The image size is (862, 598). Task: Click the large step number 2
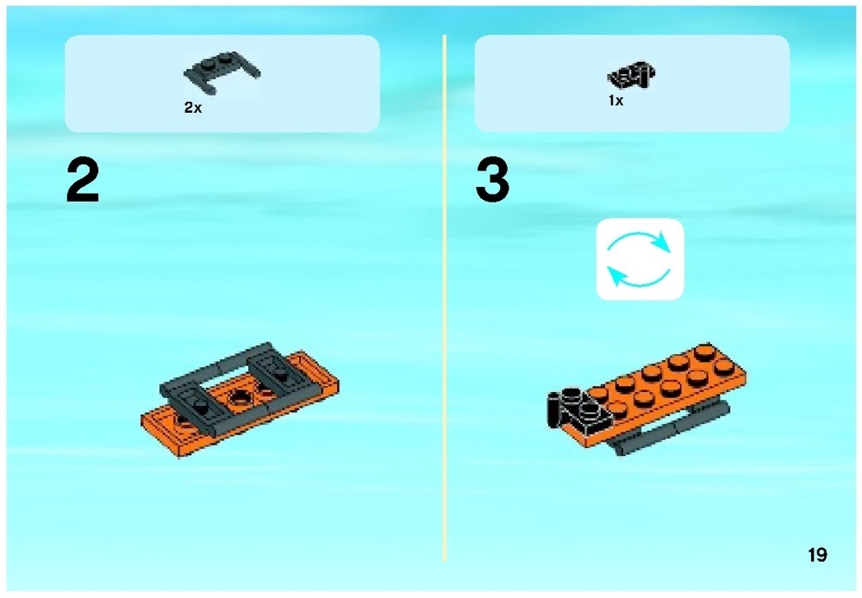[x=83, y=182]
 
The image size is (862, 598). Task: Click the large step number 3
[x=492, y=182]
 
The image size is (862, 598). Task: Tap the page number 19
[x=817, y=555]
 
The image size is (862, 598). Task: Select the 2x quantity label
[x=192, y=109]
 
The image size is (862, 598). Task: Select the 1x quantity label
[x=615, y=101]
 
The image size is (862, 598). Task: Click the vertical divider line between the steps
[x=445, y=302]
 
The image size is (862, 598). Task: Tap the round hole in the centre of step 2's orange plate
[x=237, y=397]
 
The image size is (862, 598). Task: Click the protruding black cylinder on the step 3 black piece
[x=553, y=409]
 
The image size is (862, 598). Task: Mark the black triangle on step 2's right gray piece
[x=281, y=373]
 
